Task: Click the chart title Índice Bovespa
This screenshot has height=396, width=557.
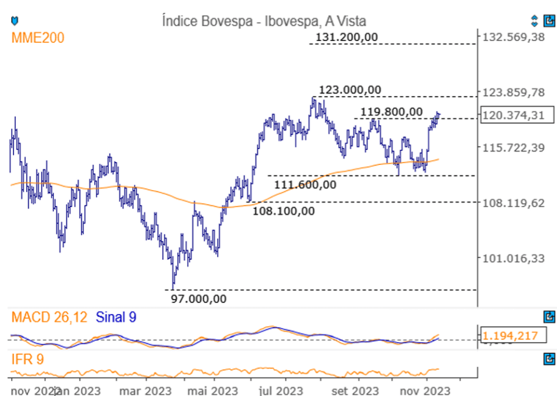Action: coord(264,21)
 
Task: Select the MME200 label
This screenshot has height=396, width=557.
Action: coord(37,38)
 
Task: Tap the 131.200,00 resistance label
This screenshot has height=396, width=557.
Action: coord(347,37)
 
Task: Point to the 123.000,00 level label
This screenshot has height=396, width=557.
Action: coord(350,90)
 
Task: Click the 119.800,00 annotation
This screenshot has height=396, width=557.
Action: coord(391,111)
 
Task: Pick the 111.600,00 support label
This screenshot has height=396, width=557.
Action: coord(305,184)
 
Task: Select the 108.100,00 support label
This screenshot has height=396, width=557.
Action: coord(284,211)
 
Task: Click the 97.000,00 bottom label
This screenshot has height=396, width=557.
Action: coord(198,299)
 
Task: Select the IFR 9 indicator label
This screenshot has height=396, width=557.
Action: coord(28,359)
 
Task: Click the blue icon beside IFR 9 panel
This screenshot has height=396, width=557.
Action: coord(548,359)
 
